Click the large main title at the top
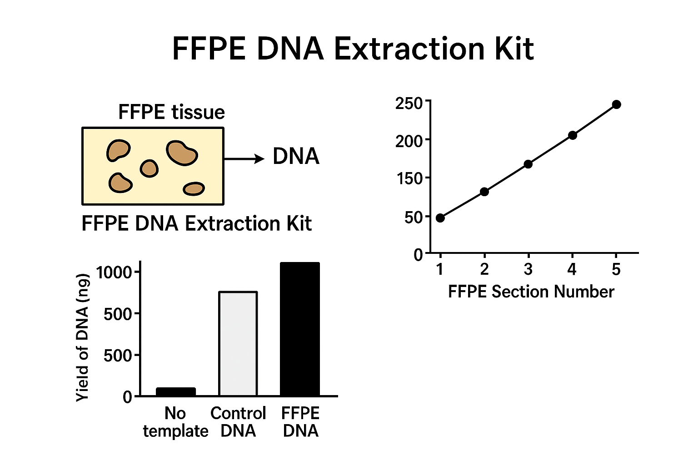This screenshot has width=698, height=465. click(353, 49)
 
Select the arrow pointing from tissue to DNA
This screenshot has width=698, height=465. click(244, 159)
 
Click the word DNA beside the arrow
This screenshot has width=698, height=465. click(296, 156)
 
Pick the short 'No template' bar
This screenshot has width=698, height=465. click(176, 391)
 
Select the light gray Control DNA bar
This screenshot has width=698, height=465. click(238, 344)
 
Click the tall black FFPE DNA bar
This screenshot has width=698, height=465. click(300, 329)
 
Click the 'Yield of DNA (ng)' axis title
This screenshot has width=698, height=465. click(83, 337)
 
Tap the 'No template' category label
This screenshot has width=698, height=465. click(175, 422)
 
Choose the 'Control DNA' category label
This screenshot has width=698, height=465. click(238, 422)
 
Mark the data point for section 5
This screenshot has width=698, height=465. click(616, 104)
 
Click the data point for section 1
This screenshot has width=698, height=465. click(440, 218)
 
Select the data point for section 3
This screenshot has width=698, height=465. click(528, 164)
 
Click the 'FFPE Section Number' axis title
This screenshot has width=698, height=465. click(531, 292)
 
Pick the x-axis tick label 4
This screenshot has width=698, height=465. click(572, 269)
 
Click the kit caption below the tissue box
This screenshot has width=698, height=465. click(197, 223)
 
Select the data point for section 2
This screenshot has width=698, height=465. click(484, 192)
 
